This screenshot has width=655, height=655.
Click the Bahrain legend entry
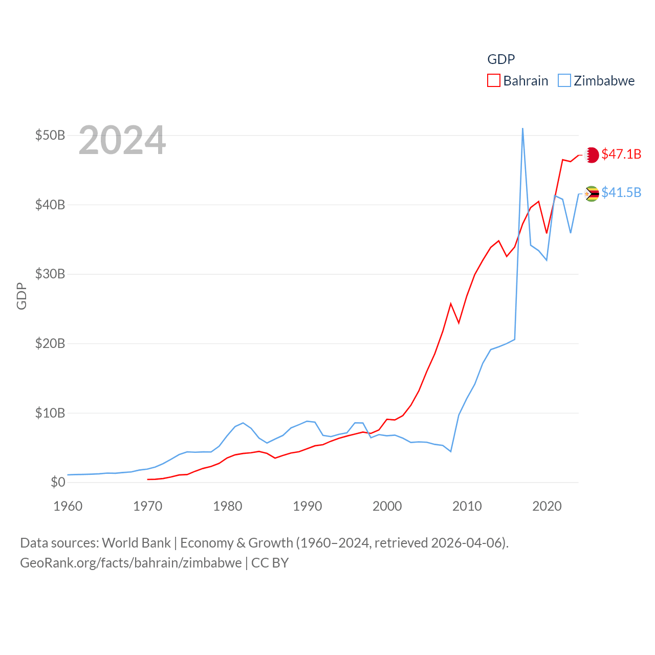point(518,81)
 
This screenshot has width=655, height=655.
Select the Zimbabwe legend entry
point(597,81)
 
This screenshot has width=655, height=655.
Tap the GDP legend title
point(501,59)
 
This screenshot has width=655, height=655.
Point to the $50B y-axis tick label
point(50,136)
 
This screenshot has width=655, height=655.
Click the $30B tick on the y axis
point(50,274)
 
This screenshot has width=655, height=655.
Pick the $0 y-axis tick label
point(58,482)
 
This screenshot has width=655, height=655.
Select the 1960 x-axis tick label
point(68,506)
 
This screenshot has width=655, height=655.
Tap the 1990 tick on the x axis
point(308,506)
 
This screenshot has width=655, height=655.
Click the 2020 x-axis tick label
point(547,506)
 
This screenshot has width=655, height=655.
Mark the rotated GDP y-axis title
point(21,296)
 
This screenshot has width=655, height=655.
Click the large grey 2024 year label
point(122,140)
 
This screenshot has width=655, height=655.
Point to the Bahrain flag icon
point(592,155)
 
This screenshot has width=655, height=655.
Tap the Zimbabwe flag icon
point(592,194)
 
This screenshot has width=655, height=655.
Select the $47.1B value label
point(621,154)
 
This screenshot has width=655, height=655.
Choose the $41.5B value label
point(621,192)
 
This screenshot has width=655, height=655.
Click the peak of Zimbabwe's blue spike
point(522,128)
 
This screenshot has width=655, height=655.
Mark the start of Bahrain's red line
point(148,479)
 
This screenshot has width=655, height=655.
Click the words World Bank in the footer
point(136,543)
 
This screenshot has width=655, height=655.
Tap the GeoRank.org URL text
point(131,563)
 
